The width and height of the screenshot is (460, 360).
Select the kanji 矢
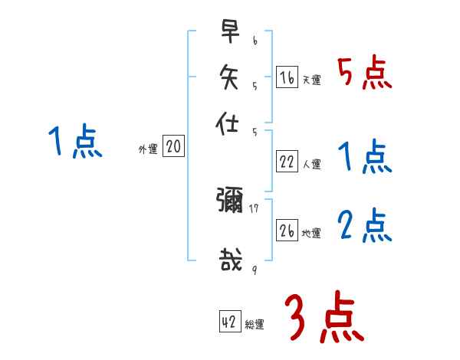pyautogui.click(x=229, y=77)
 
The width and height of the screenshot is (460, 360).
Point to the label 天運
pyautogui.click(x=311, y=80)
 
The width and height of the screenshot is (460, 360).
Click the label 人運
pyautogui.click(x=311, y=164)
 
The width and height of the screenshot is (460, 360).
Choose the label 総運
pyautogui.click(x=255, y=325)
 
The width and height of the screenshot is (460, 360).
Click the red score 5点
pyautogui.click(x=364, y=74)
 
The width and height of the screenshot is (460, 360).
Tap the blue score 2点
pyautogui.click(x=364, y=227)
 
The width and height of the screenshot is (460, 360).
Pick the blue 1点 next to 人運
pyautogui.click(x=364, y=157)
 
